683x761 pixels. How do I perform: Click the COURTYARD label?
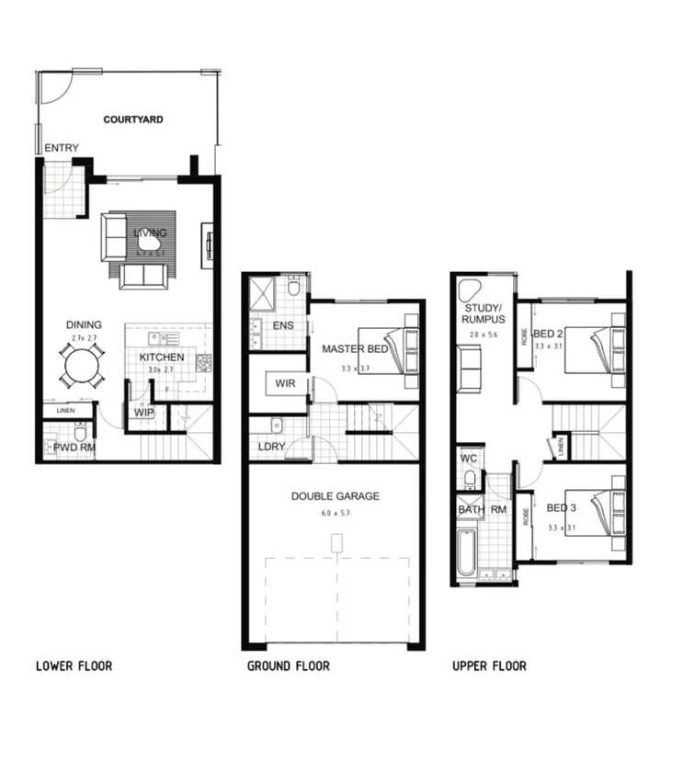coord(133,119)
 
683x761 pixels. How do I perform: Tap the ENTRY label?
coord(62,149)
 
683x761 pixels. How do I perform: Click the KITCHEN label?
coord(162,358)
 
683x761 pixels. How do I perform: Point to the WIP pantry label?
coord(143,413)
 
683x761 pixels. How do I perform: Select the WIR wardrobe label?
coord(285,383)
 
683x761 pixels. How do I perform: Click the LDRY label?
coord(273,448)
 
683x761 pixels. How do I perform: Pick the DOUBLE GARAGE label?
coord(335,496)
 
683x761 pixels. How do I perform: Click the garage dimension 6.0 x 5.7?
coord(335,512)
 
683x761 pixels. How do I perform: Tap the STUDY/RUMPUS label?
coord(482,313)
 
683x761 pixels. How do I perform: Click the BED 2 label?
coord(548,332)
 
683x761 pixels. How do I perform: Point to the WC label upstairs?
coord(467,457)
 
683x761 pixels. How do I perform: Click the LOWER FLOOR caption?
coord(74,665)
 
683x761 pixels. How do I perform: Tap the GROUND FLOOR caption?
coord(288,665)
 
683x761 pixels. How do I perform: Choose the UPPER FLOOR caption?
coord(489,665)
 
